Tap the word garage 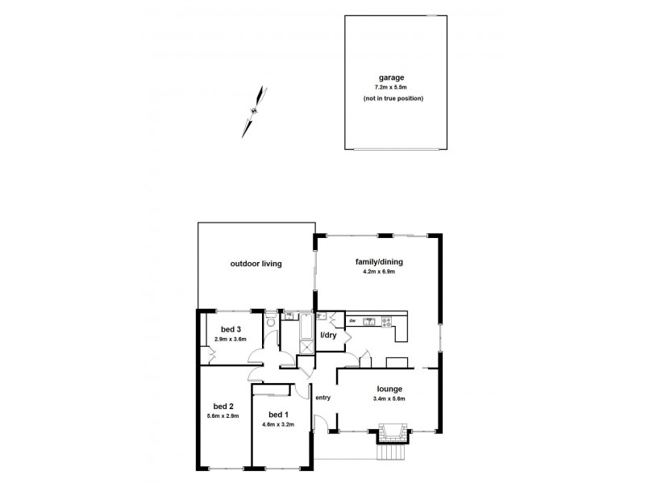pyautogui.click(x=392, y=78)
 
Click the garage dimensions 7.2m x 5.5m pyautogui.click(x=392, y=88)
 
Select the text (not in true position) pyautogui.click(x=392, y=98)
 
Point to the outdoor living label pyautogui.click(x=256, y=264)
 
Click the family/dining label pyautogui.click(x=379, y=262)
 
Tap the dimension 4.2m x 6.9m pyautogui.click(x=379, y=273)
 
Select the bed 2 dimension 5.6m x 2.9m pyautogui.click(x=223, y=415)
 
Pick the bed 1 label pyautogui.click(x=277, y=414)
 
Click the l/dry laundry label pyautogui.click(x=329, y=336)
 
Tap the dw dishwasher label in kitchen pyautogui.click(x=353, y=322)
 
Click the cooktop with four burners pyautogui.click(x=387, y=323)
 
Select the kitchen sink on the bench pyautogui.click(x=368, y=323)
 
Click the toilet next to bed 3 pyautogui.click(x=272, y=324)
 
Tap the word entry pyautogui.click(x=323, y=397)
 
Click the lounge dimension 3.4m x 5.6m pyautogui.click(x=389, y=398)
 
